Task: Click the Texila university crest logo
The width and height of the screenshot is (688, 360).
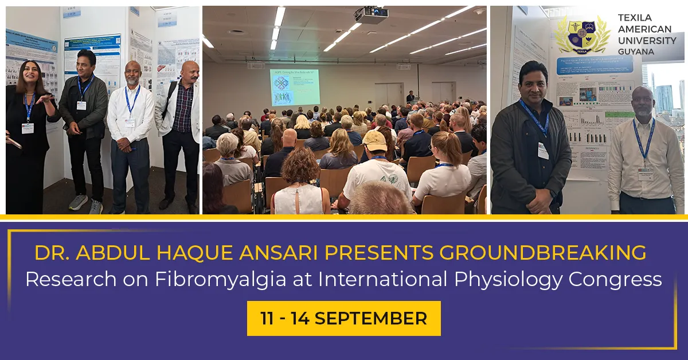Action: (583, 34)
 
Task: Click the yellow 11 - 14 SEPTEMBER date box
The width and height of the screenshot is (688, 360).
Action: (344, 318)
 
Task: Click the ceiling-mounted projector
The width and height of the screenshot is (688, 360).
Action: (370, 13)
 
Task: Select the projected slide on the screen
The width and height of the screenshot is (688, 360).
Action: (295, 87)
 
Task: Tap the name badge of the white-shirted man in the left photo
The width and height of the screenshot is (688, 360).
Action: (130, 122)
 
